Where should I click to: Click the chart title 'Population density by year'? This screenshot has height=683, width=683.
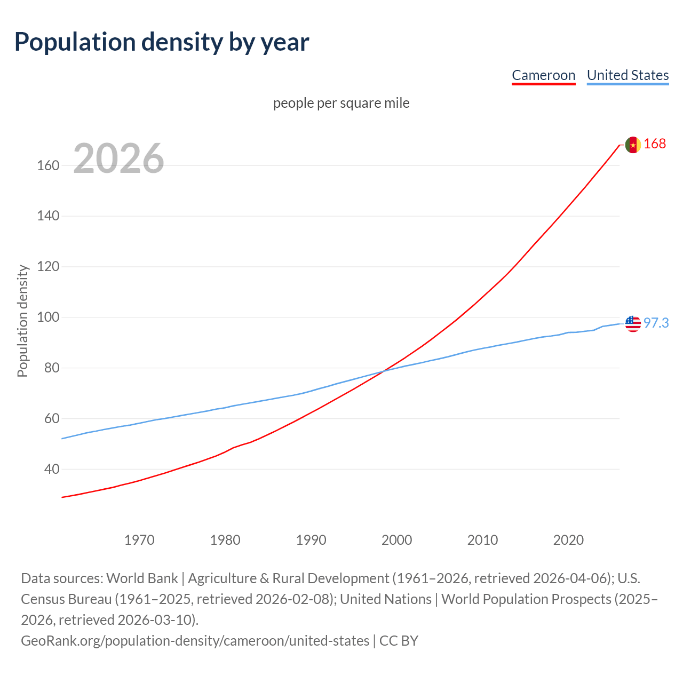pyautogui.click(x=162, y=42)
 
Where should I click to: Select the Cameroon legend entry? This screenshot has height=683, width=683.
pyautogui.click(x=543, y=75)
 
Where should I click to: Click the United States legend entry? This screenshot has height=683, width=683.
pyautogui.click(x=628, y=75)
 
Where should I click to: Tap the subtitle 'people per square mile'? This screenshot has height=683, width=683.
pyautogui.click(x=341, y=103)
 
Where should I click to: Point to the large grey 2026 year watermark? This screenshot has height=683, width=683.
pyautogui.click(x=118, y=158)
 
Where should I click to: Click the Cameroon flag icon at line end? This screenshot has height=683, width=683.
pyautogui.click(x=633, y=145)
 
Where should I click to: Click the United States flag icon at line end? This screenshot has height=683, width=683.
pyautogui.click(x=633, y=323)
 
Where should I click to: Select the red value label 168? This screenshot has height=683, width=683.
pyautogui.click(x=655, y=144)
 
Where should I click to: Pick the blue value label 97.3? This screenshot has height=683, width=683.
pyautogui.click(x=656, y=323)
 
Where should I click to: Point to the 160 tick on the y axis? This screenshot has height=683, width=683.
pyautogui.click(x=48, y=165)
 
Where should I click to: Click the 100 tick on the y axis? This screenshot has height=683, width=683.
pyautogui.click(x=48, y=317)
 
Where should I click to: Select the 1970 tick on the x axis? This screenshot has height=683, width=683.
pyautogui.click(x=139, y=540)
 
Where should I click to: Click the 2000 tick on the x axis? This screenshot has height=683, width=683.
pyautogui.click(x=396, y=540)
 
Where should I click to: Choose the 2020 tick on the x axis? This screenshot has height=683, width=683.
pyautogui.click(x=568, y=540)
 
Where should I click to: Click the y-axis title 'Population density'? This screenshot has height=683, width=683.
pyautogui.click(x=22, y=321)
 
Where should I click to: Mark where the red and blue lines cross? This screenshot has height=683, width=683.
pyautogui.click(x=384, y=371)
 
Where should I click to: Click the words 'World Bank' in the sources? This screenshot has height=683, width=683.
pyautogui.click(x=142, y=578)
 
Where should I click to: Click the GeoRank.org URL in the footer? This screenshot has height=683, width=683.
pyautogui.click(x=195, y=641)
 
